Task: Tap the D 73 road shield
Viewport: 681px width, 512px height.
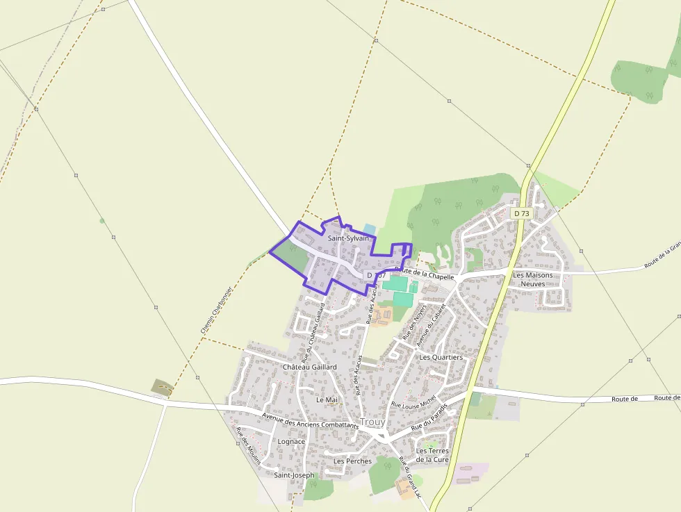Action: (521, 213)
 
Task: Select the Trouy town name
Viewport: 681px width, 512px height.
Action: (372, 422)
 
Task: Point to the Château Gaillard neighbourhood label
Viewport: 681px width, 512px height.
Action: (309, 366)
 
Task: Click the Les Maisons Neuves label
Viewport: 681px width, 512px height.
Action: (532, 279)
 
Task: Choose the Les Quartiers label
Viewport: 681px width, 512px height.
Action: (441, 357)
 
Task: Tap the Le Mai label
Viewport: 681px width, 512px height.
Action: (326, 399)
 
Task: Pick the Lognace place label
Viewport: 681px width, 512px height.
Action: (291, 441)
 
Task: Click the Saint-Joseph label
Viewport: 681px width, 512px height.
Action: (293, 475)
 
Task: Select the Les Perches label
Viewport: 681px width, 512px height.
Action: (352, 461)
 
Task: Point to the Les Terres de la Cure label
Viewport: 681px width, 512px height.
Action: (432, 455)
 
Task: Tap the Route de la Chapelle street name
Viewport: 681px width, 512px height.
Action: (424, 273)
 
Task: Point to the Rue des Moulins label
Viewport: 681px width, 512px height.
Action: (248, 449)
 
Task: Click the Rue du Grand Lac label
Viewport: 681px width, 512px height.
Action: (411, 476)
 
